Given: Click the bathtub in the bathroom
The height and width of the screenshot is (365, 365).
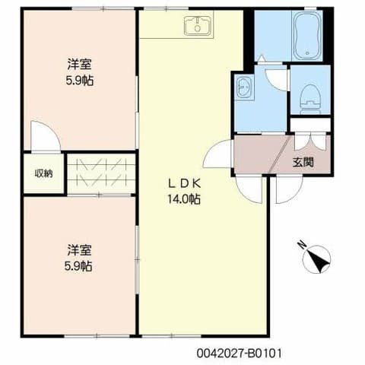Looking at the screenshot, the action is pos(306,36).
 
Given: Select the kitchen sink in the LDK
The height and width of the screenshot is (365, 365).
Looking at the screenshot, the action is pos(198,26).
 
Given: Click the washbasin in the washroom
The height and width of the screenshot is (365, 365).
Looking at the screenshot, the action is pos(244,87).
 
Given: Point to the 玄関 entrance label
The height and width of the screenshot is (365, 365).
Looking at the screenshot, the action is pos(303,163).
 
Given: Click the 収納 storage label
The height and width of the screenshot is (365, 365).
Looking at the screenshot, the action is pos(43,173).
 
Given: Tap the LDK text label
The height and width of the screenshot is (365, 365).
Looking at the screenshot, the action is pos(185,184).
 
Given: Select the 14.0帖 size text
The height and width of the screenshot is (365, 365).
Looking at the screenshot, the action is pos(184,199).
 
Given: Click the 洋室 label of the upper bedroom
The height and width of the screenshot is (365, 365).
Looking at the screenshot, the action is pos(79,64).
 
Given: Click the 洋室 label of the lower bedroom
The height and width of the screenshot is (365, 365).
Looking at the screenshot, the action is pos(79,250).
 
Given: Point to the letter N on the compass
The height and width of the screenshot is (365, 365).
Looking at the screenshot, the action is pos(302,244).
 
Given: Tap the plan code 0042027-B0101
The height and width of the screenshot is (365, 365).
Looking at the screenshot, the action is pos(240,353).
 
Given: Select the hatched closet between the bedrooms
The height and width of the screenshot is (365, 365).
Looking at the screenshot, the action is pos(101,173).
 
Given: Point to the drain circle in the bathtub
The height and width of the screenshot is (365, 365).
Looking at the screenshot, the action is pos(307,53).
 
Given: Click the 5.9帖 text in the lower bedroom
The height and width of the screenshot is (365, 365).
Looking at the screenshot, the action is pos(78,266).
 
